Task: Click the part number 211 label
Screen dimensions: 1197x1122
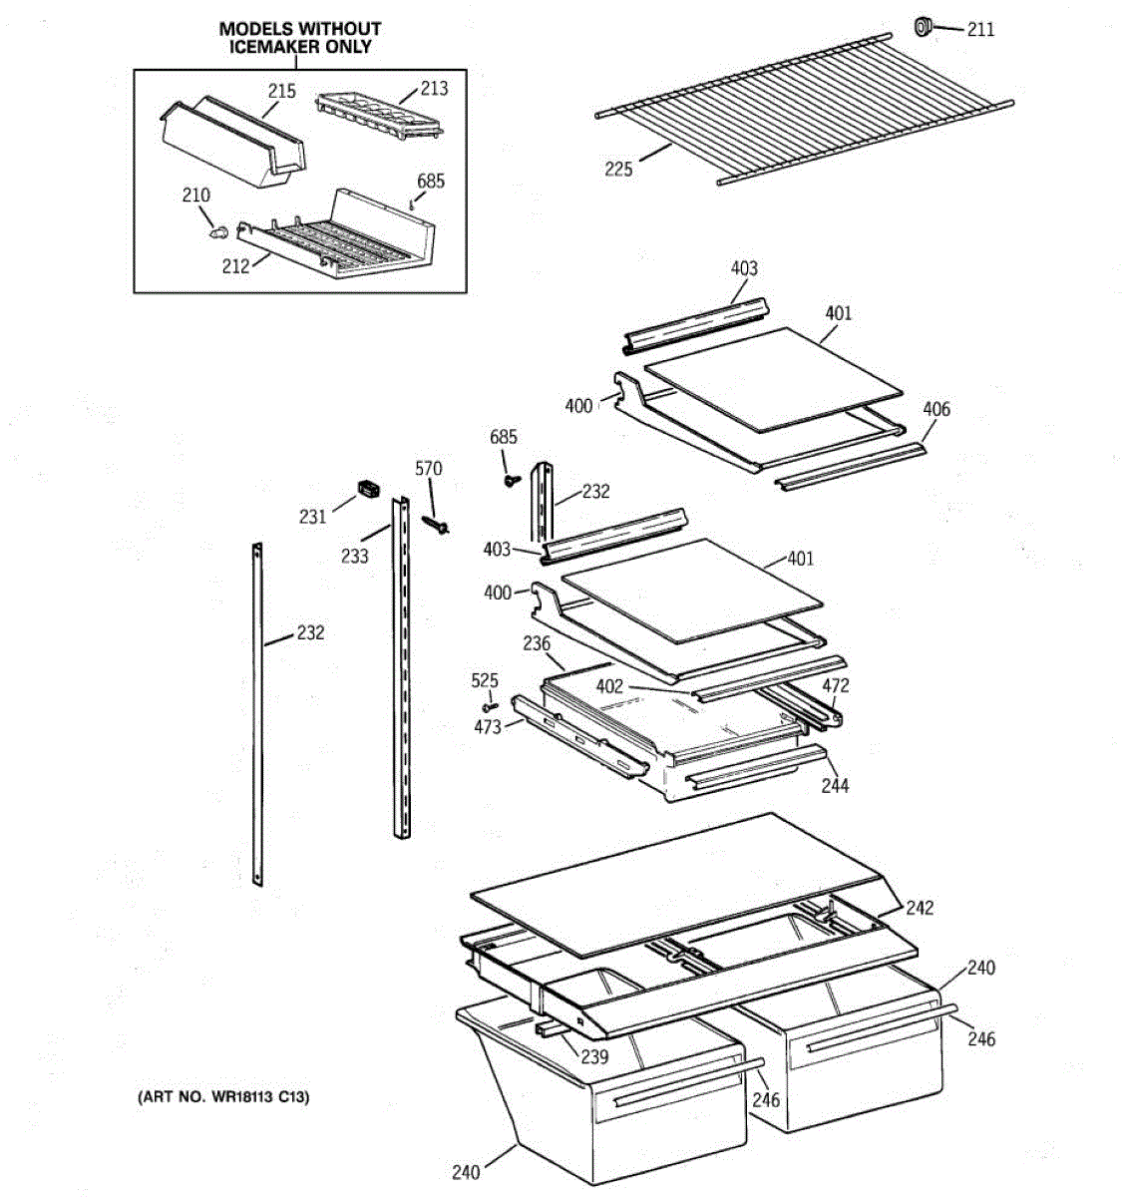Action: click(x=980, y=30)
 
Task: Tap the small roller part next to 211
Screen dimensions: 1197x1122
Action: click(x=924, y=25)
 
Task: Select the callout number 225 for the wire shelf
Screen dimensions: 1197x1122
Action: click(x=618, y=169)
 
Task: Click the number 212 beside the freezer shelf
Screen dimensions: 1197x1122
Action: click(x=235, y=266)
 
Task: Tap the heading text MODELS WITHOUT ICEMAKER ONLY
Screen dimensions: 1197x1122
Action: click(x=299, y=38)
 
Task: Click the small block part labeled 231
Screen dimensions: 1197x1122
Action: click(x=370, y=489)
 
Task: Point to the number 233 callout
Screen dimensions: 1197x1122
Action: click(x=355, y=556)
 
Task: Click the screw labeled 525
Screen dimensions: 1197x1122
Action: click(x=489, y=707)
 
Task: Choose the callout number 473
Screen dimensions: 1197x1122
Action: click(x=488, y=727)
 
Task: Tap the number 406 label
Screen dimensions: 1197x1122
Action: click(x=936, y=409)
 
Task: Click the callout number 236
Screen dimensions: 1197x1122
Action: click(x=537, y=643)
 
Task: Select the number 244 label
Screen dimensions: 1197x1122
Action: click(x=835, y=786)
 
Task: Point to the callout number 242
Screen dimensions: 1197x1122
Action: click(x=920, y=908)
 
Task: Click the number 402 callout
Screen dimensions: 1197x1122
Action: click(x=609, y=686)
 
